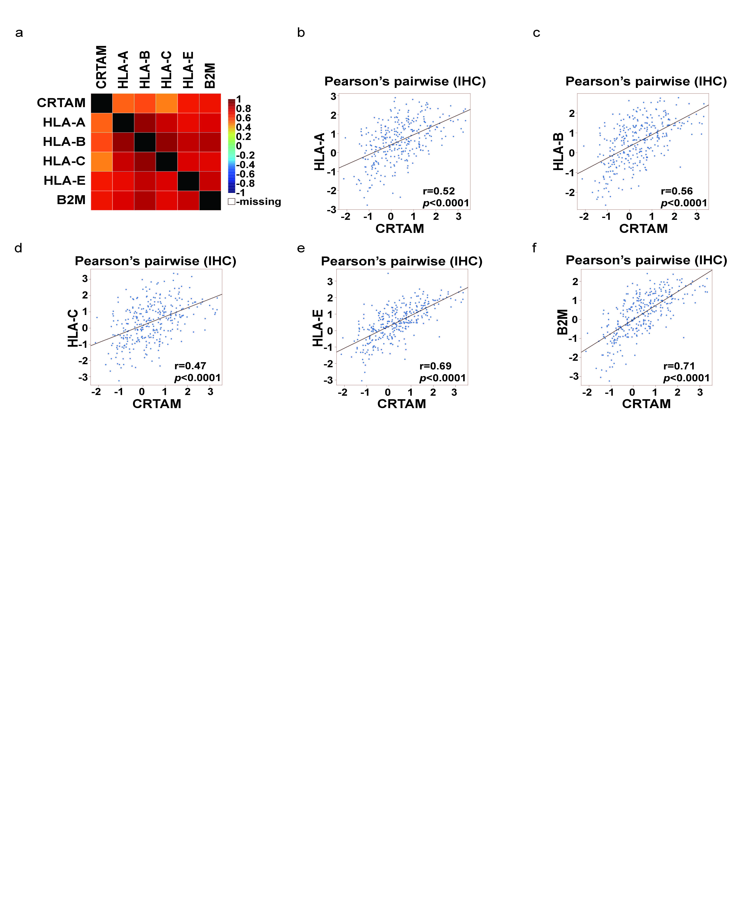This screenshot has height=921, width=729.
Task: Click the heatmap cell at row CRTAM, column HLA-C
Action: (166, 103)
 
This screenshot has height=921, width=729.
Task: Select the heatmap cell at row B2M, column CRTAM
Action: (102, 200)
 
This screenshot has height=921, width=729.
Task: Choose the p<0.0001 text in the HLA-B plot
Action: (684, 203)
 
